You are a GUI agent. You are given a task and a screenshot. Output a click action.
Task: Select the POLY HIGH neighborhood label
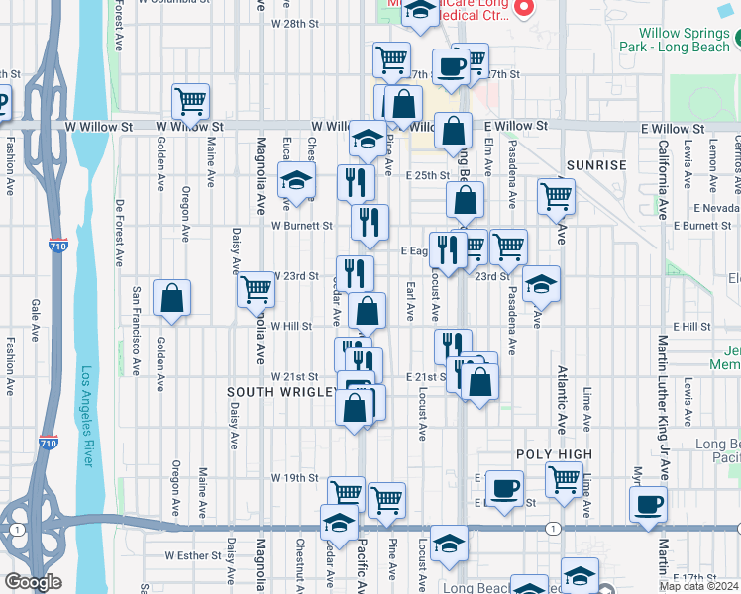(x=554, y=454)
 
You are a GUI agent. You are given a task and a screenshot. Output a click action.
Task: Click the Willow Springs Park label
(x=674, y=40)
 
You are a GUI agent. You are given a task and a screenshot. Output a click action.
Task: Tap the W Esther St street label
(x=190, y=555)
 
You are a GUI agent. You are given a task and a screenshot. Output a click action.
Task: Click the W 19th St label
(x=294, y=477)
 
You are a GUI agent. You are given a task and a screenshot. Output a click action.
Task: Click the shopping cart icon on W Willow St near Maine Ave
(x=190, y=100)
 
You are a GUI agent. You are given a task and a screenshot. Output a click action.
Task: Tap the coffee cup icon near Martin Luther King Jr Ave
(x=650, y=504)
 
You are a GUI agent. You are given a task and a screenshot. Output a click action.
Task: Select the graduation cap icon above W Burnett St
(x=295, y=181)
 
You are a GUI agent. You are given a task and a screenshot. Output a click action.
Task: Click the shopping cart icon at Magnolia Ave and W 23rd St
(x=257, y=288)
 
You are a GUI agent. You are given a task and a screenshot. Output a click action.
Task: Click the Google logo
(x=33, y=583)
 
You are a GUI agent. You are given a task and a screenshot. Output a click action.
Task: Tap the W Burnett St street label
(x=303, y=225)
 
